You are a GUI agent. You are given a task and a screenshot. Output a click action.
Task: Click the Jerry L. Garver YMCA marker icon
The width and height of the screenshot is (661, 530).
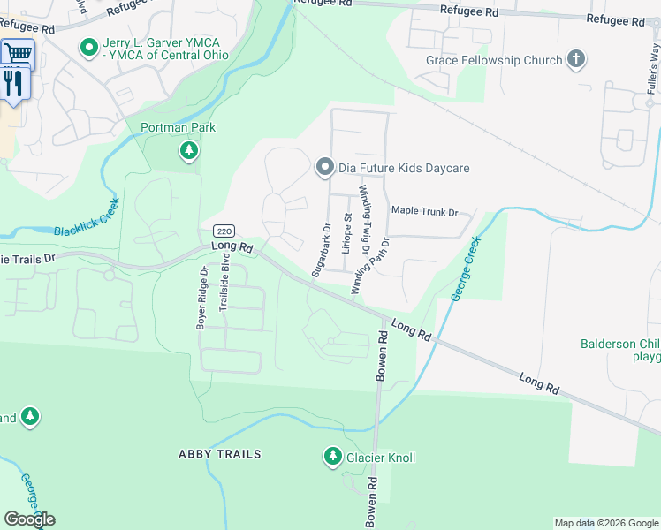(x=88, y=47)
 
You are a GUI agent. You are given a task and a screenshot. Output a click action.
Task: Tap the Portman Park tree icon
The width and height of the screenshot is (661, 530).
(x=188, y=151)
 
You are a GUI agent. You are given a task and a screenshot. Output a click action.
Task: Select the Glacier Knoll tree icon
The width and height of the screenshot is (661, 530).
(x=332, y=457)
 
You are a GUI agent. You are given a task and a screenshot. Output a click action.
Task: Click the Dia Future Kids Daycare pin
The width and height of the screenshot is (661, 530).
(x=324, y=167)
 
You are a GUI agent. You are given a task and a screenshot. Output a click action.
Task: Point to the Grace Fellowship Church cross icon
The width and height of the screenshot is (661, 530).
(x=576, y=60)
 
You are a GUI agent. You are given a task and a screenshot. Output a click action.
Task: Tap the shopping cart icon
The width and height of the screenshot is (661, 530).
(x=15, y=54)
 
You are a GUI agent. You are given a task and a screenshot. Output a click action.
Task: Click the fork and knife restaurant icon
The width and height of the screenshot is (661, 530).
(x=13, y=83)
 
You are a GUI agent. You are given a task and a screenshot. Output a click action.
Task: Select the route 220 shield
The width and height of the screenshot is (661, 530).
(x=224, y=228)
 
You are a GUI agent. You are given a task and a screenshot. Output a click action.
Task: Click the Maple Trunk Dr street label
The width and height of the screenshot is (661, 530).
(x=425, y=212)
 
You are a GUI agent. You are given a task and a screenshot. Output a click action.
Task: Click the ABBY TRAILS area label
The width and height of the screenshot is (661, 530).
(x=220, y=454)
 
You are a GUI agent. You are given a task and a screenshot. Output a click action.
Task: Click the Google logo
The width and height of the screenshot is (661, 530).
(x=29, y=519)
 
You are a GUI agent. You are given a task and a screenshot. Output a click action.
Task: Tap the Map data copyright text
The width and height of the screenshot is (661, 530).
(x=605, y=523)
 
